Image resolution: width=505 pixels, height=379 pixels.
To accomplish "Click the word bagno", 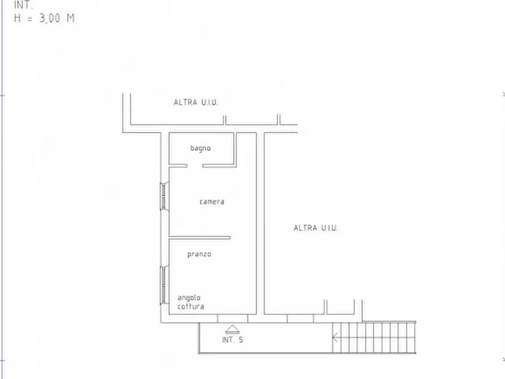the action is click(200, 148).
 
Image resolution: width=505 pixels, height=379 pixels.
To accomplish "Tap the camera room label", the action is click(212, 202).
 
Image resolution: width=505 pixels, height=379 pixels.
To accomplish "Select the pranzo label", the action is click(200, 255).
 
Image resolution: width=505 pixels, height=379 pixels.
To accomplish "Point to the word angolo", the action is click(189, 298).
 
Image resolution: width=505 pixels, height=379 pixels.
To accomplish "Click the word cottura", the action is click(191, 306).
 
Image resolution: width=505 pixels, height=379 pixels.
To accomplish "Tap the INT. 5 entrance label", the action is click(232, 339).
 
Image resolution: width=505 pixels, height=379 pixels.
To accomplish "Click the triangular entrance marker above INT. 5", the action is click(232, 329).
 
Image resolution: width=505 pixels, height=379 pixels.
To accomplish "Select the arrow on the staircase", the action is click(335, 338).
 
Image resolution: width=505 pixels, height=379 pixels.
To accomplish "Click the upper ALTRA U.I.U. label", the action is click(196, 102).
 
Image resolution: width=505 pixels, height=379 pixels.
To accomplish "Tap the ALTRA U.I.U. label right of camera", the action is click(316, 228).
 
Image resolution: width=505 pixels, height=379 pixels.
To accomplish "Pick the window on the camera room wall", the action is click(164, 196).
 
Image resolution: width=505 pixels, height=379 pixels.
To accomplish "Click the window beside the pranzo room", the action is click(164, 285).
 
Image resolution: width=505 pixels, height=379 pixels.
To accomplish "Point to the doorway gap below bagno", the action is click(195, 166).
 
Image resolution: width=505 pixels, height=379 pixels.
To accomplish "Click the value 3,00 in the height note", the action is click(50, 18).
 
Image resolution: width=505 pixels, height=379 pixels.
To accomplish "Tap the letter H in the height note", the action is click(18, 18).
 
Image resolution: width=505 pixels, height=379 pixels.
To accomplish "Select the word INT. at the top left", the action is click(23, 5).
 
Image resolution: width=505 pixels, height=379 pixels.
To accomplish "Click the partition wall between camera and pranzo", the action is click(200, 238).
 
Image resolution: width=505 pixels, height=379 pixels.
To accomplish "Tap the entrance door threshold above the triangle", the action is click(232, 318).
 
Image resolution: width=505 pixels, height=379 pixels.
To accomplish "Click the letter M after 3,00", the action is click(71, 18).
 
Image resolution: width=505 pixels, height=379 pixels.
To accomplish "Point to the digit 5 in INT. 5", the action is click(241, 339).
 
